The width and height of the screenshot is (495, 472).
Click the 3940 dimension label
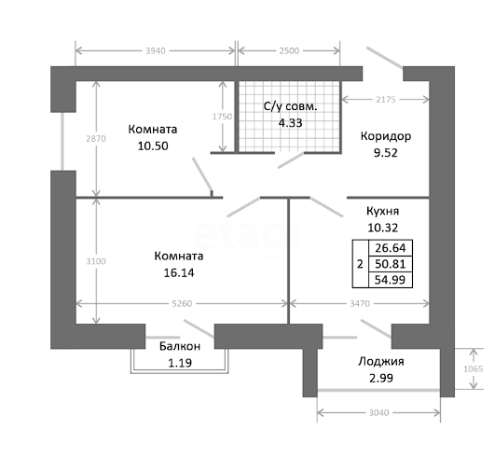[156, 51]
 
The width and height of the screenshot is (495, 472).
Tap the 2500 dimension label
[289, 51]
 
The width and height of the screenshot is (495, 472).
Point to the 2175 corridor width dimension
[385, 100]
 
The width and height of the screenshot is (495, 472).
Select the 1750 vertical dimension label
[222, 117]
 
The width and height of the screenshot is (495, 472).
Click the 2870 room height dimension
[96, 138]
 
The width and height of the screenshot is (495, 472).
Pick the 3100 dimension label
[96, 261]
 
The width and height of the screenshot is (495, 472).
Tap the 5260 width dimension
[182, 303]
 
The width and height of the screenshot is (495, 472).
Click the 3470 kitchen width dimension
[360, 303]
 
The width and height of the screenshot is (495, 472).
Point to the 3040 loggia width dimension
[378, 412]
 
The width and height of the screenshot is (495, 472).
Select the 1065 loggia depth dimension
[474, 368]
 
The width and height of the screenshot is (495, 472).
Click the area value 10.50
[153, 146]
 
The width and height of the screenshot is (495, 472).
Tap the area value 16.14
[179, 272]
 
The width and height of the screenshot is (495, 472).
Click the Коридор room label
[386, 136]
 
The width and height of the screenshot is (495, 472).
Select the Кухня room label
[382, 211]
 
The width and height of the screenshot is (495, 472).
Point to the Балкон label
[180, 346]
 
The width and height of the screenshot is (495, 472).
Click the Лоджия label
[381, 361]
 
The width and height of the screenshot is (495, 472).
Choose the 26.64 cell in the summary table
[391, 248]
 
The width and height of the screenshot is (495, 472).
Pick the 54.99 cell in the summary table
[391, 280]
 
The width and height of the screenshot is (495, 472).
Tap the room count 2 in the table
[360, 264]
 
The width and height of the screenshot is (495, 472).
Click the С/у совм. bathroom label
[291, 106]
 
